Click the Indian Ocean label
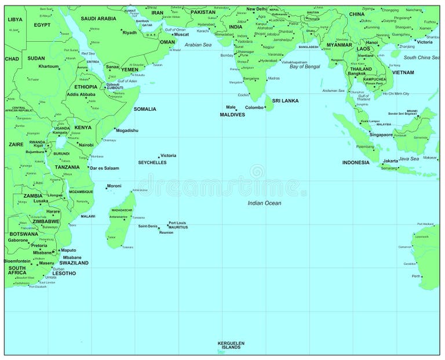click(264, 203)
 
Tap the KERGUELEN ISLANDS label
click(231, 345)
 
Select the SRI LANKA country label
click(285, 100)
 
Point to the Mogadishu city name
click(127, 130)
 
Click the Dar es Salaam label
click(104, 168)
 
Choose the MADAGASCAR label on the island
click(122, 210)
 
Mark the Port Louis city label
click(177, 223)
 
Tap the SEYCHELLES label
click(152, 162)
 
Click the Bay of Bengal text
click(305, 67)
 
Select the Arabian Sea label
click(198, 45)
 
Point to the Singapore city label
click(381, 134)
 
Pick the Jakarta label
click(391, 161)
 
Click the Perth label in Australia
click(416, 276)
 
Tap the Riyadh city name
click(130, 32)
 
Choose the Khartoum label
click(49, 66)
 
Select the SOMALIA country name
click(145, 109)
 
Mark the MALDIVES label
click(232, 115)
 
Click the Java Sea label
click(408, 158)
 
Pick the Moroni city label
click(114, 186)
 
